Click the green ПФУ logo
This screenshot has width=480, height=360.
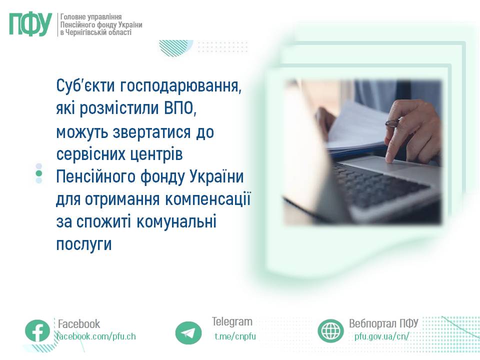(30, 25)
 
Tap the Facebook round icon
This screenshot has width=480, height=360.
(37, 331)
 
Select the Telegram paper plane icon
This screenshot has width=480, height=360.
(188, 333)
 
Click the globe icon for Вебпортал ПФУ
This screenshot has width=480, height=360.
(330, 331)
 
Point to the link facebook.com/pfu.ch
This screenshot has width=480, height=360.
(96, 336)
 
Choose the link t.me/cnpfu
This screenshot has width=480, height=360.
(235, 336)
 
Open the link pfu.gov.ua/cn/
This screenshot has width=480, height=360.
(381, 336)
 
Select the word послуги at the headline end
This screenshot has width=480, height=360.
(84, 244)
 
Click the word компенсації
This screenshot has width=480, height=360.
(208, 199)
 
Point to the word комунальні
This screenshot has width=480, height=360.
(176, 221)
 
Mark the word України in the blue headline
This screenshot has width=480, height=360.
(216, 176)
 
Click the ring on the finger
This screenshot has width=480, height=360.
(392, 123)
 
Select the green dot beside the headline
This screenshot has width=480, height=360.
(39, 173)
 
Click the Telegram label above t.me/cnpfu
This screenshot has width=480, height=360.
(232, 321)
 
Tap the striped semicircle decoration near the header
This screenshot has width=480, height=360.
(175, 47)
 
